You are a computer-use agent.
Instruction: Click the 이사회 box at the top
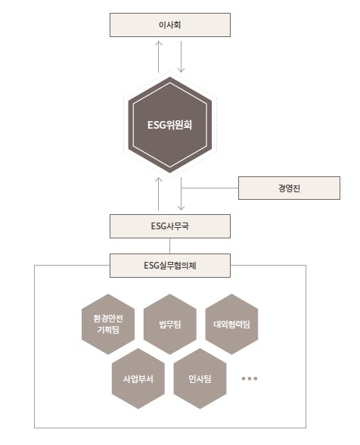click(x=170, y=25)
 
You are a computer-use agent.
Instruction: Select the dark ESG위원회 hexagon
click(x=170, y=125)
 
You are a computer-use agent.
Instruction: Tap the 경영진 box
click(x=289, y=188)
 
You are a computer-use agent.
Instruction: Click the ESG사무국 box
click(x=170, y=226)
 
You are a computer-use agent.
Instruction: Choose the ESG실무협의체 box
click(x=170, y=266)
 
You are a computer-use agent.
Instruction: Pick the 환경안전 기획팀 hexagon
click(x=108, y=324)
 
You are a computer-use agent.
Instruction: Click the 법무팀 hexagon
click(x=170, y=324)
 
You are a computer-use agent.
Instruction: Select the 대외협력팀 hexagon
click(x=231, y=324)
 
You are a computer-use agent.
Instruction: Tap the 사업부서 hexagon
click(x=138, y=378)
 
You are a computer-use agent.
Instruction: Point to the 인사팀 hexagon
click(x=200, y=378)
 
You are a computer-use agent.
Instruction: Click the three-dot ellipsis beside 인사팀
click(x=250, y=378)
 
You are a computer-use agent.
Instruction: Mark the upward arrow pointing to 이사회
click(x=159, y=57)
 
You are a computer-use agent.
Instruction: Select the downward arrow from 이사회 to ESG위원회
click(x=181, y=57)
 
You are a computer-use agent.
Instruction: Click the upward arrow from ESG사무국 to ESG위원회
click(x=159, y=194)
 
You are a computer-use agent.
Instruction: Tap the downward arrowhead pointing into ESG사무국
click(x=181, y=207)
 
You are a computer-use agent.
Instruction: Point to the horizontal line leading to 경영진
click(x=209, y=188)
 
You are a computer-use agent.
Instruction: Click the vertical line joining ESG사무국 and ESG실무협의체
click(x=170, y=246)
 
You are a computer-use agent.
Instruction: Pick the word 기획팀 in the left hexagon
click(x=108, y=330)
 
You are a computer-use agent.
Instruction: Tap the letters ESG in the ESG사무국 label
click(x=158, y=226)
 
